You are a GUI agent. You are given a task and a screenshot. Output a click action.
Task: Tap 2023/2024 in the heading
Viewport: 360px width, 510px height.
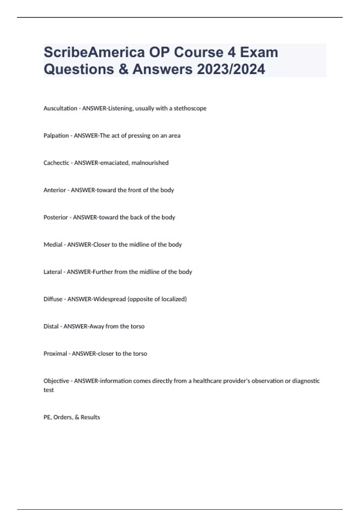click(x=231, y=69)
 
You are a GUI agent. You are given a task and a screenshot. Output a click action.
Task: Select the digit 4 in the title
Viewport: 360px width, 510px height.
click(x=231, y=52)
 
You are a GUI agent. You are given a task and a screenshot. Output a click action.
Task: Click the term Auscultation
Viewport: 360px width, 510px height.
click(x=60, y=108)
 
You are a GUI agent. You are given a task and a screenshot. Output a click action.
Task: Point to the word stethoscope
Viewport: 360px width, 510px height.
click(x=190, y=108)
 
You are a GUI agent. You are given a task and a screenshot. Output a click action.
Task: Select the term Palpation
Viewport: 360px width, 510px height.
click(x=56, y=136)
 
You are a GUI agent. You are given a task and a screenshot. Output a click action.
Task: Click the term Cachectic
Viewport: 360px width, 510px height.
click(x=56, y=163)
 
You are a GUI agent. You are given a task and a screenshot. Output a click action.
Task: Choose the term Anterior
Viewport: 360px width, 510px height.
click(x=55, y=190)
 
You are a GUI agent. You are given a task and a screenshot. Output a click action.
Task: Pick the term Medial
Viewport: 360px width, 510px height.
click(x=53, y=245)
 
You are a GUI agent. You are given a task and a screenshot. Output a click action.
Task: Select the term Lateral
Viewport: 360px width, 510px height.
click(x=53, y=272)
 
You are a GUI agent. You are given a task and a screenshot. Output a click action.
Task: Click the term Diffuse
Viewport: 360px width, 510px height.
click(x=53, y=299)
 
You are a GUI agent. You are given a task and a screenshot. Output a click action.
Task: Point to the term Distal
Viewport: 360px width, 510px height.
click(x=51, y=326)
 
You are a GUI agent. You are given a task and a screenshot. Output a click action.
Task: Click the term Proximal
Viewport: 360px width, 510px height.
click(x=55, y=354)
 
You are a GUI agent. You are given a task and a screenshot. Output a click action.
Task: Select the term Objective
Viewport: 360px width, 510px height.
click(x=56, y=381)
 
